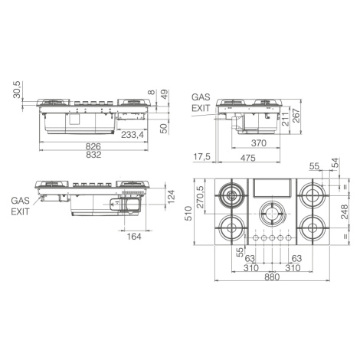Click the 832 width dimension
pyautogui.click(x=93, y=155)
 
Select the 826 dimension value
pyautogui.click(x=93, y=146)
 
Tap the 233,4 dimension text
pyautogui.click(x=133, y=135)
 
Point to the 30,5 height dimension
pyautogui.click(x=17, y=90)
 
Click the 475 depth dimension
pyautogui.click(x=248, y=158)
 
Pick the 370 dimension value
pyautogui.click(x=259, y=143)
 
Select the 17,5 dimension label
pyautogui.click(x=201, y=157)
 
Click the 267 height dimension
pyautogui.click(x=296, y=116)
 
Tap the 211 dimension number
pyautogui.click(x=286, y=119)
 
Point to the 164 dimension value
pyautogui.click(x=134, y=237)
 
